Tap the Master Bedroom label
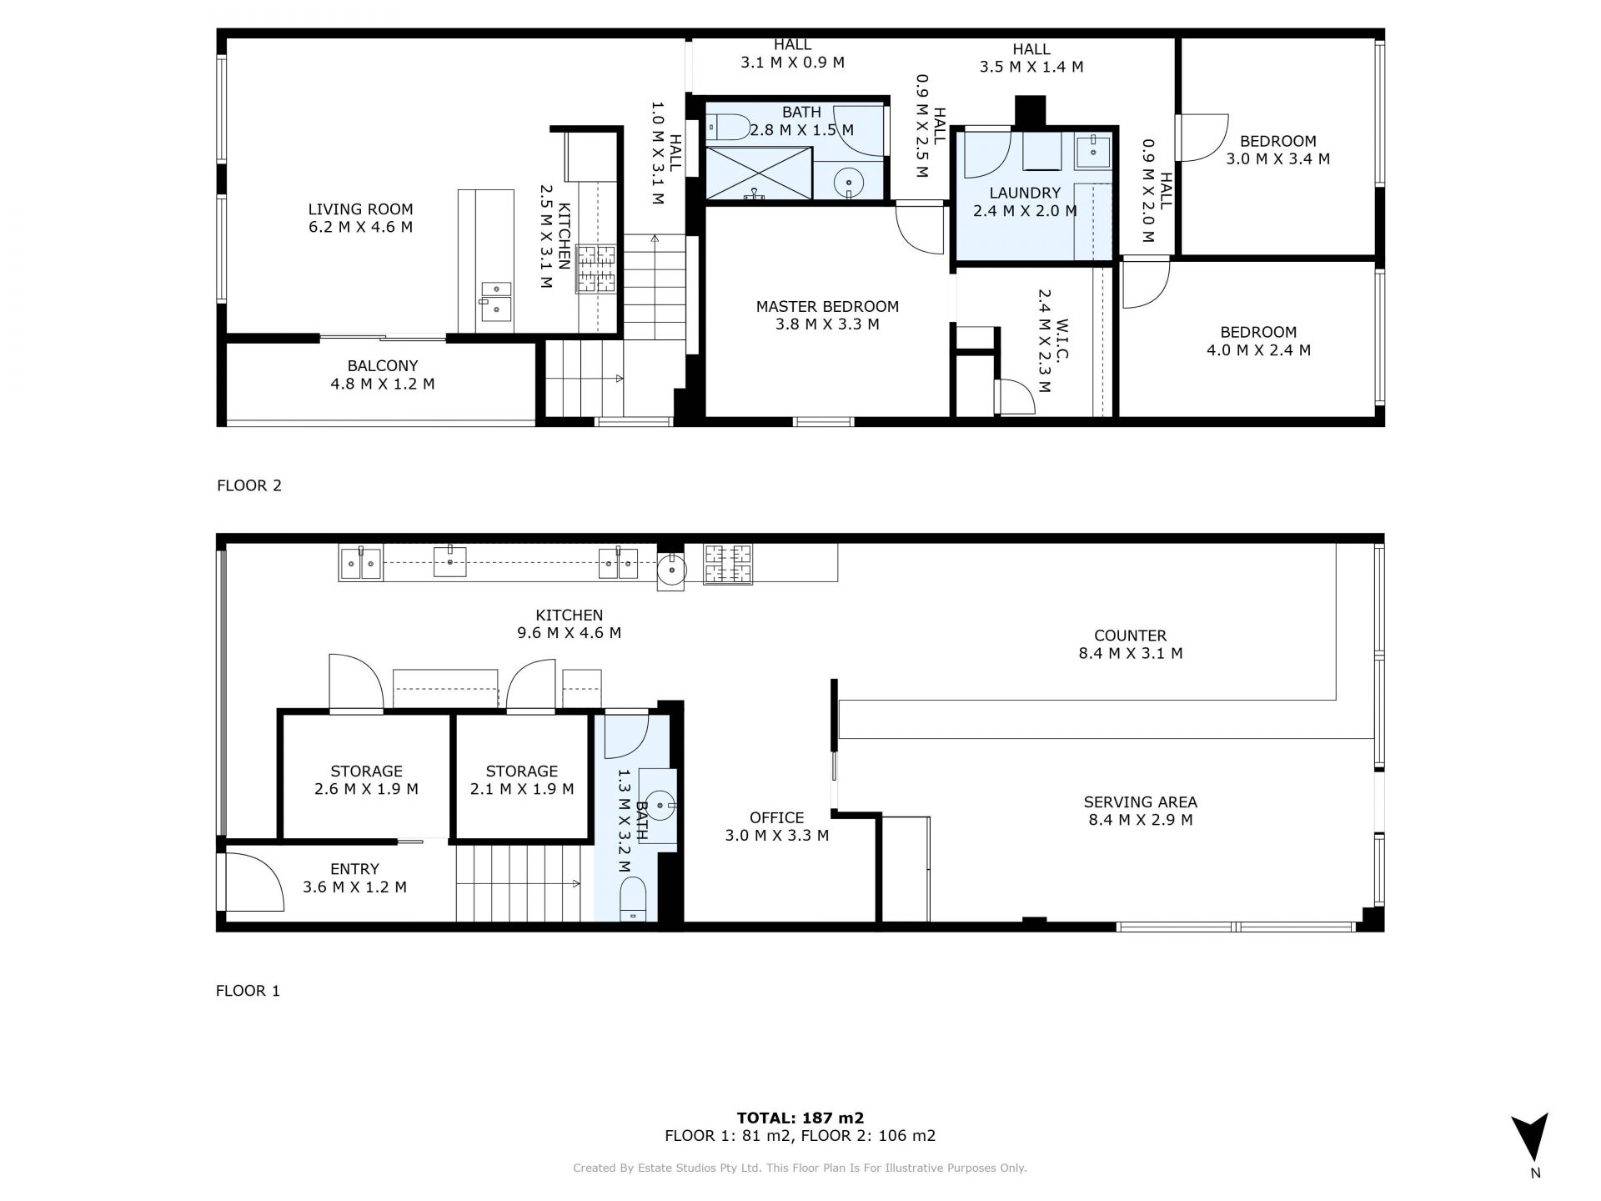(827, 307)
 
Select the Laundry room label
(1025, 193)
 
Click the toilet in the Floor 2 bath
(728, 127)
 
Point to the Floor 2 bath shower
(759, 173)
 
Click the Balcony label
(383, 366)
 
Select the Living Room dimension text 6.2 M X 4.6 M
(360, 227)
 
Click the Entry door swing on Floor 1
(255, 882)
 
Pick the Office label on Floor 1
(776, 818)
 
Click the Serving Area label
(1140, 802)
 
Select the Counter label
(1131, 636)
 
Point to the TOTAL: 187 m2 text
(800, 1118)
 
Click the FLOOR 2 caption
(249, 485)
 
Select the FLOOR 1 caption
(248, 991)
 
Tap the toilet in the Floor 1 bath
(634, 898)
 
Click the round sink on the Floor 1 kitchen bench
(670, 571)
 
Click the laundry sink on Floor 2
(1092, 151)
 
